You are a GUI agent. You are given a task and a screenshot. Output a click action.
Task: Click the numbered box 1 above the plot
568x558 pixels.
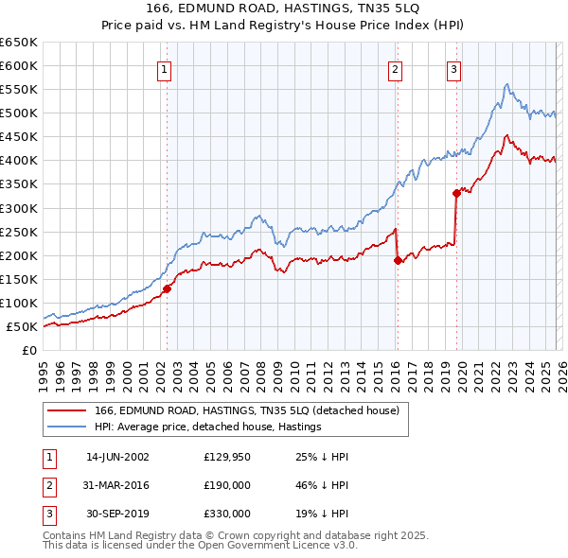pos(165,68)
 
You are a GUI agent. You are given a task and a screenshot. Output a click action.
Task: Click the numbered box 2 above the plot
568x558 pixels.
pos(395,68)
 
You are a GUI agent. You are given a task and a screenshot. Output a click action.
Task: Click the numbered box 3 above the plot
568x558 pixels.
pos(454,68)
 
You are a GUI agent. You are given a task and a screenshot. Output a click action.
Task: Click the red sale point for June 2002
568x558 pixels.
pos(167,288)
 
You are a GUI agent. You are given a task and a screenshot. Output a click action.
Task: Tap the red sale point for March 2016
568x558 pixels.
pos(398,260)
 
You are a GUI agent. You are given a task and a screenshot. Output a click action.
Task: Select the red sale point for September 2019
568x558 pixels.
pos(456,193)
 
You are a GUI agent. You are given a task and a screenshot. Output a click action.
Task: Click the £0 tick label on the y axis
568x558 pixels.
pos(28,351)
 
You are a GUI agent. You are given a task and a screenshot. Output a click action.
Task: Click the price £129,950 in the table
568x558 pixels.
pos(226,457)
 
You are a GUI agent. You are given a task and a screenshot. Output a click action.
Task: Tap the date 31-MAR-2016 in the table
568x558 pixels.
pos(117,485)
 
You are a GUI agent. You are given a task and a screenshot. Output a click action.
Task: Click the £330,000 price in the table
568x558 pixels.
pos(226,514)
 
